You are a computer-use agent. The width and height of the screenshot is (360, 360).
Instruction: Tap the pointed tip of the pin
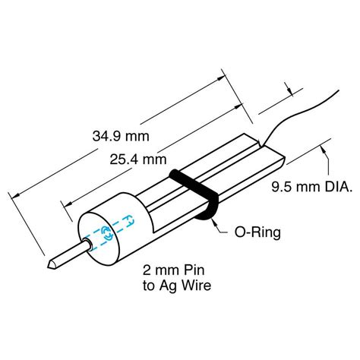click(50, 264)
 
